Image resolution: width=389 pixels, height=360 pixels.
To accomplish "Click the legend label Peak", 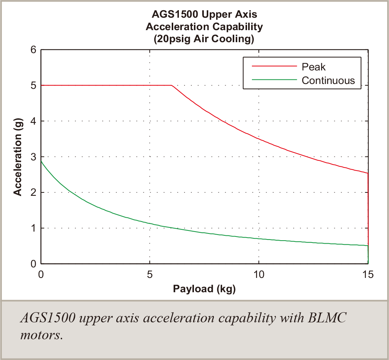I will point(313,67).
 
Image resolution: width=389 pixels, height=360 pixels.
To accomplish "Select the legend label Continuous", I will point(328,80).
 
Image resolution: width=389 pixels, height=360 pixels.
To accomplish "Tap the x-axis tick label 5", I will point(150,275).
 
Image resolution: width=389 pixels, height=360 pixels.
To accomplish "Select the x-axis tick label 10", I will point(259,275).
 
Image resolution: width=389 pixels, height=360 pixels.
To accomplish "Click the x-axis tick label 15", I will point(368,275).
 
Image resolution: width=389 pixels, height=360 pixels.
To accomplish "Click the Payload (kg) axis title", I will point(204,289).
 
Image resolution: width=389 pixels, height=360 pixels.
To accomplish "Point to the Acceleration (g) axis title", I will point(17,156).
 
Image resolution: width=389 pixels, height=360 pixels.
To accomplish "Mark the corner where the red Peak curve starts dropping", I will point(172,85).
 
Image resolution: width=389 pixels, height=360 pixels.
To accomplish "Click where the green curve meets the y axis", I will point(41,161).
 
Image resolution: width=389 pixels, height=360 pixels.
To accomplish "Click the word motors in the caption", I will point(41,335).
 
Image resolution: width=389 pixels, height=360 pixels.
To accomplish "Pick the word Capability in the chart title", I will point(235,27).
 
